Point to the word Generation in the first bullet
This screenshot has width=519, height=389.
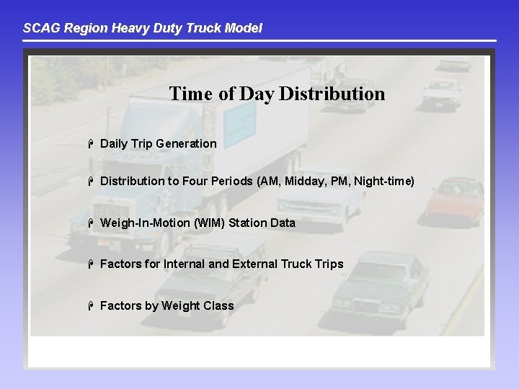186,143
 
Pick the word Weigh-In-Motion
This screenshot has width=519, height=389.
145,223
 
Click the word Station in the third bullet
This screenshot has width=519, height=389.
248,223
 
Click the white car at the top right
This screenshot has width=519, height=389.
441,92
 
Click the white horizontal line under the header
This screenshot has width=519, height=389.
259,40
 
